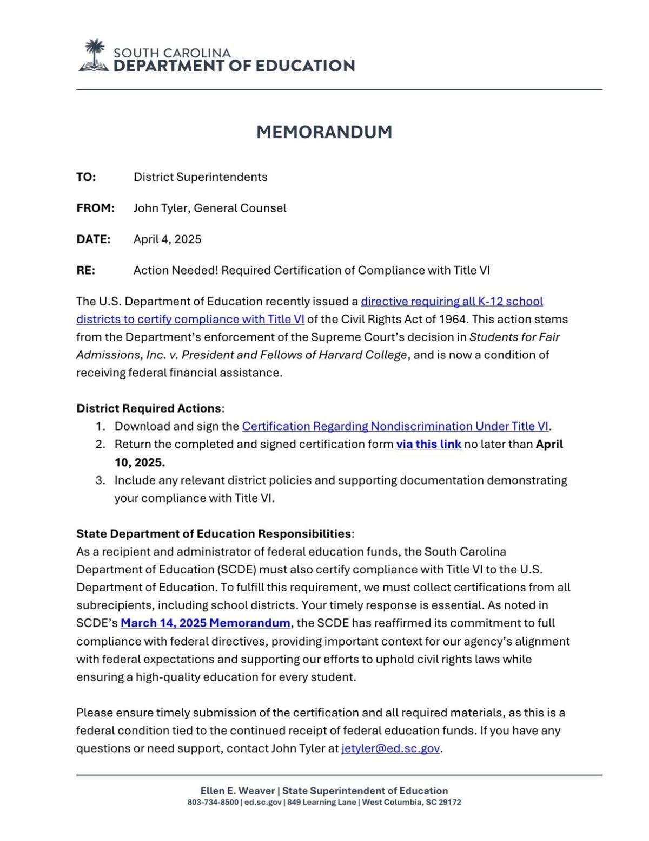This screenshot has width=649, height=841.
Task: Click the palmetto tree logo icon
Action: (x=94, y=56)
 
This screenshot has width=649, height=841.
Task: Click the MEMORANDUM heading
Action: (x=324, y=132)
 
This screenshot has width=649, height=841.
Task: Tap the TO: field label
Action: (x=86, y=177)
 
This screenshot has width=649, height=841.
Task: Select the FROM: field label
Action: (x=95, y=208)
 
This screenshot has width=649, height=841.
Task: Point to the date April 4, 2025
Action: (x=167, y=239)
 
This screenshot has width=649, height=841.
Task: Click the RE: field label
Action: (x=85, y=270)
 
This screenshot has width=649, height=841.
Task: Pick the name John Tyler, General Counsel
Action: (x=210, y=208)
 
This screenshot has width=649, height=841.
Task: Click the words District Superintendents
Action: (x=200, y=177)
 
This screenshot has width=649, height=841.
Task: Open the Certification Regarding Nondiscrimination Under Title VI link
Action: (x=395, y=426)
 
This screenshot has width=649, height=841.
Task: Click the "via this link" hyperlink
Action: (x=428, y=444)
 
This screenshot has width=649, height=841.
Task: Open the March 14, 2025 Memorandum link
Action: (x=205, y=623)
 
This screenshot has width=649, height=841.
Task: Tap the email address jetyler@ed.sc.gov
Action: (x=390, y=748)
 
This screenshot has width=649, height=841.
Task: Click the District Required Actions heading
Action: (x=149, y=408)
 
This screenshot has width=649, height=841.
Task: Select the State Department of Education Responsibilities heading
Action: (x=214, y=533)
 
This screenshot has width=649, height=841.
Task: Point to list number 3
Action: (x=100, y=480)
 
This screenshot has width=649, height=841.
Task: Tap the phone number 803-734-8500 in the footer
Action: (x=213, y=802)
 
